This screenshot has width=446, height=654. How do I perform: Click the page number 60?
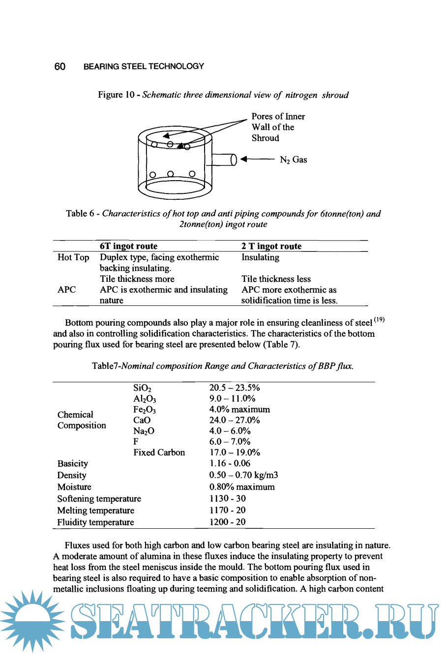click(59, 66)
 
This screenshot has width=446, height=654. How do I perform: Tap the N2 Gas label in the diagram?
click(293, 160)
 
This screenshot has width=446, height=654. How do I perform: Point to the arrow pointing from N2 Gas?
click(257, 159)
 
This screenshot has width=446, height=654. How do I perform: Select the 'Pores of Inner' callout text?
click(278, 116)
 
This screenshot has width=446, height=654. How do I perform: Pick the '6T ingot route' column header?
click(128, 246)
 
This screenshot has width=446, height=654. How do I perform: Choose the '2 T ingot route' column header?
click(271, 246)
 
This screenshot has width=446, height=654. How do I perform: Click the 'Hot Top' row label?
click(73, 257)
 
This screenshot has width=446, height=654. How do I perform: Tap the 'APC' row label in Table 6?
click(67, 290)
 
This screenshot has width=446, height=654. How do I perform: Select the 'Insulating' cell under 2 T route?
click(260, 257)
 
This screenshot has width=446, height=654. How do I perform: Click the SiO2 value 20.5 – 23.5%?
click(235, 388)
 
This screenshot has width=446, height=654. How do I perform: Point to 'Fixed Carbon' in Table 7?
click(159, 452)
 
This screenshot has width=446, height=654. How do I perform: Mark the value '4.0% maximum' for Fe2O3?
click(239, 409)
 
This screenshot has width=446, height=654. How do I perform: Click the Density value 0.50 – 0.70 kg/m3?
click(243, 475)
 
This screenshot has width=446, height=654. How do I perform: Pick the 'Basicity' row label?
click(73, 463)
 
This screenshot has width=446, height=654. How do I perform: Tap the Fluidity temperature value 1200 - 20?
click(227, 522)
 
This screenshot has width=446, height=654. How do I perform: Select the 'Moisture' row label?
click(74, 487)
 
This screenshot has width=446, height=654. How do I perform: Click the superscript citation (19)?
click(379, 320)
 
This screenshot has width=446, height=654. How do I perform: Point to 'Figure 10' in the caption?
click(116, 95)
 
